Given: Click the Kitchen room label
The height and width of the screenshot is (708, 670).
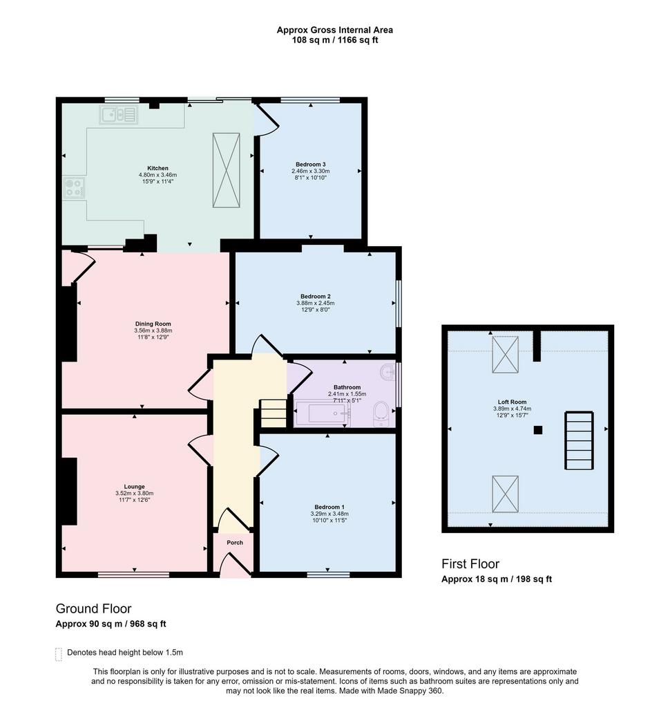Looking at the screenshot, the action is click(x=157, y=168).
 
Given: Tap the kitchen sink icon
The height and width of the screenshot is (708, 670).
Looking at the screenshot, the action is click(x=119, y=115).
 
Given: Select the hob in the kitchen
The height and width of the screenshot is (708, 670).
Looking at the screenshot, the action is click(x=74, y=187).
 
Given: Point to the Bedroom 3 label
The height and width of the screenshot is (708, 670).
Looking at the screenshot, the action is click(x=310, y=165).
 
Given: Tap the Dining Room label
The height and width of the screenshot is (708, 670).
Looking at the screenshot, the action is click(x=153, y=324).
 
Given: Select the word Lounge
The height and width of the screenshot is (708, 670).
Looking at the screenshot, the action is click(x=135, y=487).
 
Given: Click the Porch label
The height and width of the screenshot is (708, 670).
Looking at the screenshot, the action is click(x=235, y=543).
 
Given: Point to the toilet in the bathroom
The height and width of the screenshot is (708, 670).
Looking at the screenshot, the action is click(x=381, y=413).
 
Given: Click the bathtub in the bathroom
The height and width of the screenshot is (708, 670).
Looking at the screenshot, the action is click(x=322, y=413).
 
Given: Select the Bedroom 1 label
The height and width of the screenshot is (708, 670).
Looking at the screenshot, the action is click(x=329, y=507).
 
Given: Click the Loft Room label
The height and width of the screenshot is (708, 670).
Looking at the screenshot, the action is click(x=512, y=402).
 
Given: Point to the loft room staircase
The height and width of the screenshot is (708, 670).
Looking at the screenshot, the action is click(x=579, y=440).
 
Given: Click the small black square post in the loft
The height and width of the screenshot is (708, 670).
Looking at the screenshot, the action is click(x=538, y=430).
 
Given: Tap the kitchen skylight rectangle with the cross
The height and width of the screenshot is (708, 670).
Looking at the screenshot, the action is click(x=226, y=170).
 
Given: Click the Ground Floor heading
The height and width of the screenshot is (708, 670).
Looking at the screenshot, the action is click(x=93, y=608).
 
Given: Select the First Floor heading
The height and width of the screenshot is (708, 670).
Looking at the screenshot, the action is click(x=470, y=564).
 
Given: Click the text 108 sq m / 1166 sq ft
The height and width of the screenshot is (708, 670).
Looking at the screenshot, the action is click(x=335, y=40).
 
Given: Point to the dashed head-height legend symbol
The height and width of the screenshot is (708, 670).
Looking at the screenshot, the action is click(x=58, y=654).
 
